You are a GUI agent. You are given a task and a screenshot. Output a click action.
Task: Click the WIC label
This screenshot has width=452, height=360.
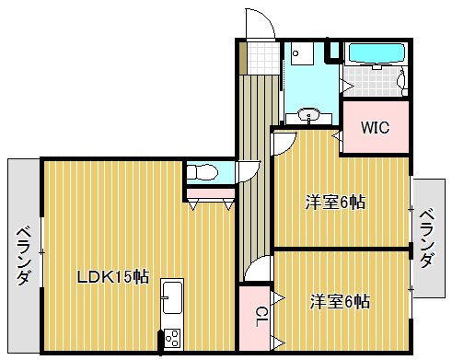(x=375, y=127)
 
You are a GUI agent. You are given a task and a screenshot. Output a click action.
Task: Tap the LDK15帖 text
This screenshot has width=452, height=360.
(x=112, y=275)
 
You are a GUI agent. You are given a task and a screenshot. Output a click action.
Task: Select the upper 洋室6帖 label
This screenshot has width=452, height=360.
(x=335, y=202)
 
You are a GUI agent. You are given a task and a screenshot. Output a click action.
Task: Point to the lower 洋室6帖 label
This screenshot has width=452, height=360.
(x=340, y=300)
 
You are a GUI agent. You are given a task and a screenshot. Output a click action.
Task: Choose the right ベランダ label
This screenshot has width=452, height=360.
(x=426, y=238)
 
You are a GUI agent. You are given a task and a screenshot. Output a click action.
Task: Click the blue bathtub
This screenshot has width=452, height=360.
(x=377, y=53)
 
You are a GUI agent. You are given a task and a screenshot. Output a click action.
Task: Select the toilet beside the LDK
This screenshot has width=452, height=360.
(x=202, y=172)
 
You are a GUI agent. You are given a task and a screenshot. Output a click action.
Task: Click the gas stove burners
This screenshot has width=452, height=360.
(x=170, y=339)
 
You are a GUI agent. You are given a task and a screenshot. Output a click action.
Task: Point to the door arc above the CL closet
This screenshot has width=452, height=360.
(x=260, y=270)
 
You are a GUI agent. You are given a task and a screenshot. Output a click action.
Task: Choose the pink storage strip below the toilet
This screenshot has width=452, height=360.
(x=209, y=193)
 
